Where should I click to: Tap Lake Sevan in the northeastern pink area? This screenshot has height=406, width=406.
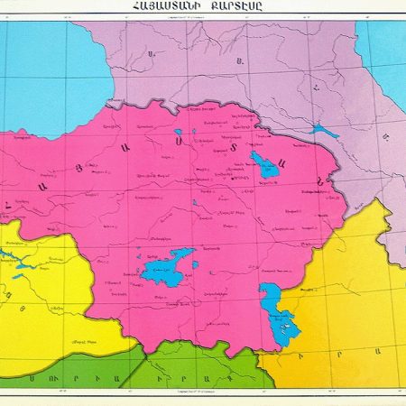click(x=265, y=165)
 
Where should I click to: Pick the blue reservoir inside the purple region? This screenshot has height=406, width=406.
click(x=322, y=131)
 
